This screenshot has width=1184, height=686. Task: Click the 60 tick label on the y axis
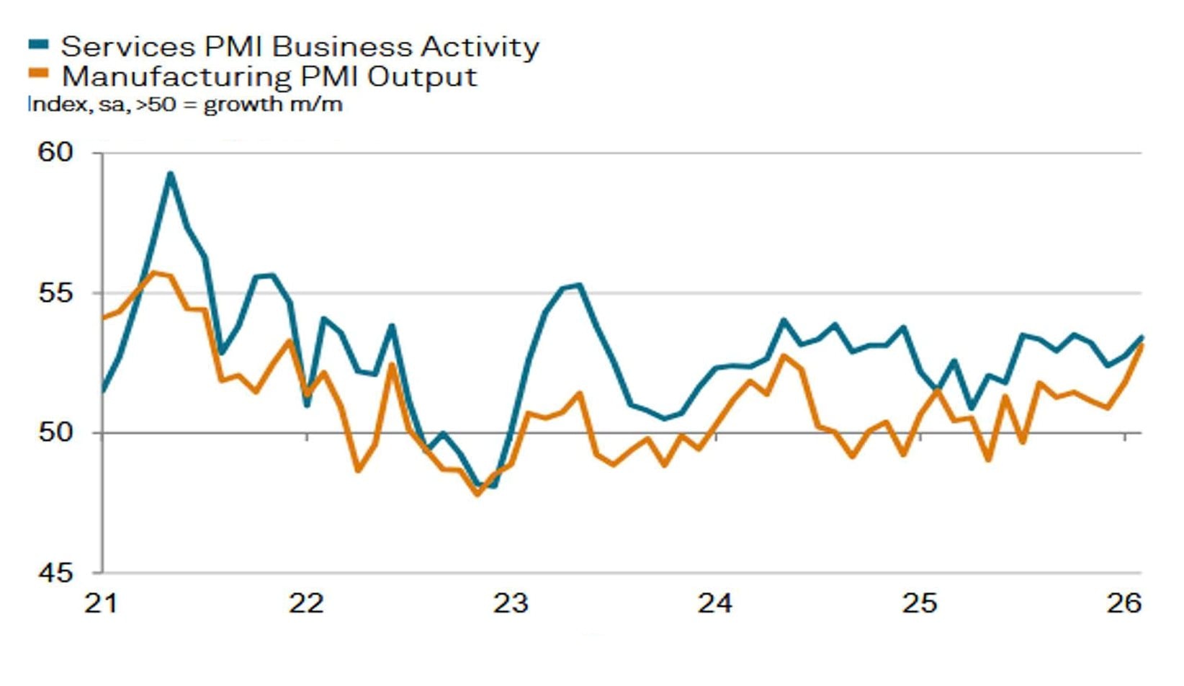55,152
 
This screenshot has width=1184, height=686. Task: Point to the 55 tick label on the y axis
55,293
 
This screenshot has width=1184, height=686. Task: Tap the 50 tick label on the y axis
55,432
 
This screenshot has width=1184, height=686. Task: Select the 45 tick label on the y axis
55,573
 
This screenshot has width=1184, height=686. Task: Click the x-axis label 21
101,603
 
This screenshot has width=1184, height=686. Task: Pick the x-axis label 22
306,603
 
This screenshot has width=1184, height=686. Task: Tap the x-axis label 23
511,603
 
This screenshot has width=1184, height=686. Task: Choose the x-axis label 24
714,603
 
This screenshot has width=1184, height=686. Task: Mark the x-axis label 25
920,603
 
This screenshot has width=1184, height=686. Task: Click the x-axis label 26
1124,603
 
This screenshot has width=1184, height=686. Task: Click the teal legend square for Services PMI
38,44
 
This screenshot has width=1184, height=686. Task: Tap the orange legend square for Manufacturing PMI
38,73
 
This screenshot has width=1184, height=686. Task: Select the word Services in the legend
127,47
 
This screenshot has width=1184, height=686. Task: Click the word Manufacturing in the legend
174,76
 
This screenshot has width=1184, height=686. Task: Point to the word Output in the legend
422,76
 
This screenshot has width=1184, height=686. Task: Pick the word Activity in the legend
480,47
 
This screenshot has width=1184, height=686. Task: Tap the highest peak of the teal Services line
170,173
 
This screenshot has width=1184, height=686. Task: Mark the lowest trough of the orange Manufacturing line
477,494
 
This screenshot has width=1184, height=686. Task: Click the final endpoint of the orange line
1142,345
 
